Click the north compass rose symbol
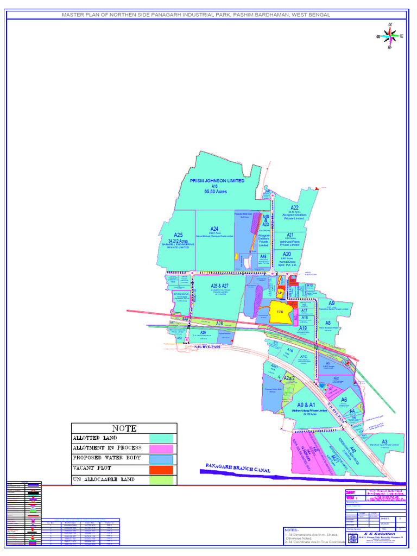click(390, 36)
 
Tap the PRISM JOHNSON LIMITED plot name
click(217, 181)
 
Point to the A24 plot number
click(214, 229)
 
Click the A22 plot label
click(294, 207)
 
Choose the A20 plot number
click(287, 254)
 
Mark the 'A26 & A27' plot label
click(219, 286)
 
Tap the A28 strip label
click(219, 324)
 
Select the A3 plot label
click(384, 441)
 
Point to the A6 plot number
click(344, 400)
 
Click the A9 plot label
click(331, 304)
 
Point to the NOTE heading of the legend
click(124, 428)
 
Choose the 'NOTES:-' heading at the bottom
click(292, 529)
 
